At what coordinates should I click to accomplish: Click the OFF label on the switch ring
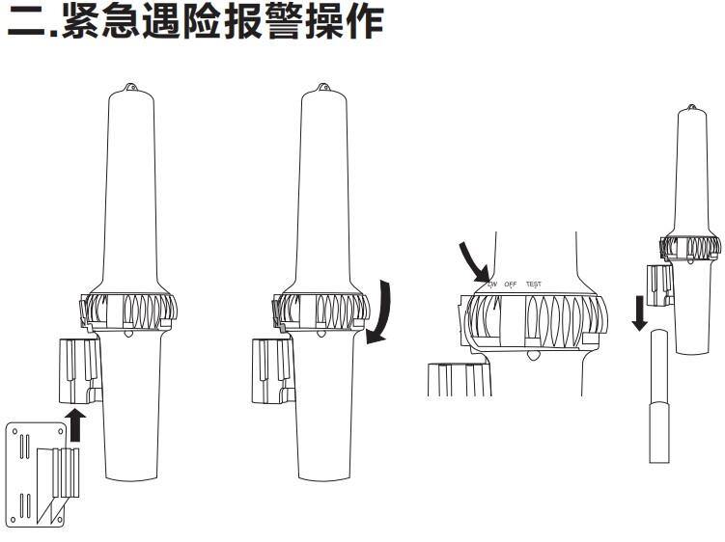512,284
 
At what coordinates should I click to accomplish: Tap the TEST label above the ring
534,284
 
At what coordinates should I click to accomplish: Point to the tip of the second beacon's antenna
324,88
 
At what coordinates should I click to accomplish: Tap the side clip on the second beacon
270,371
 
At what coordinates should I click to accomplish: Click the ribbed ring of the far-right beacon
689,248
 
